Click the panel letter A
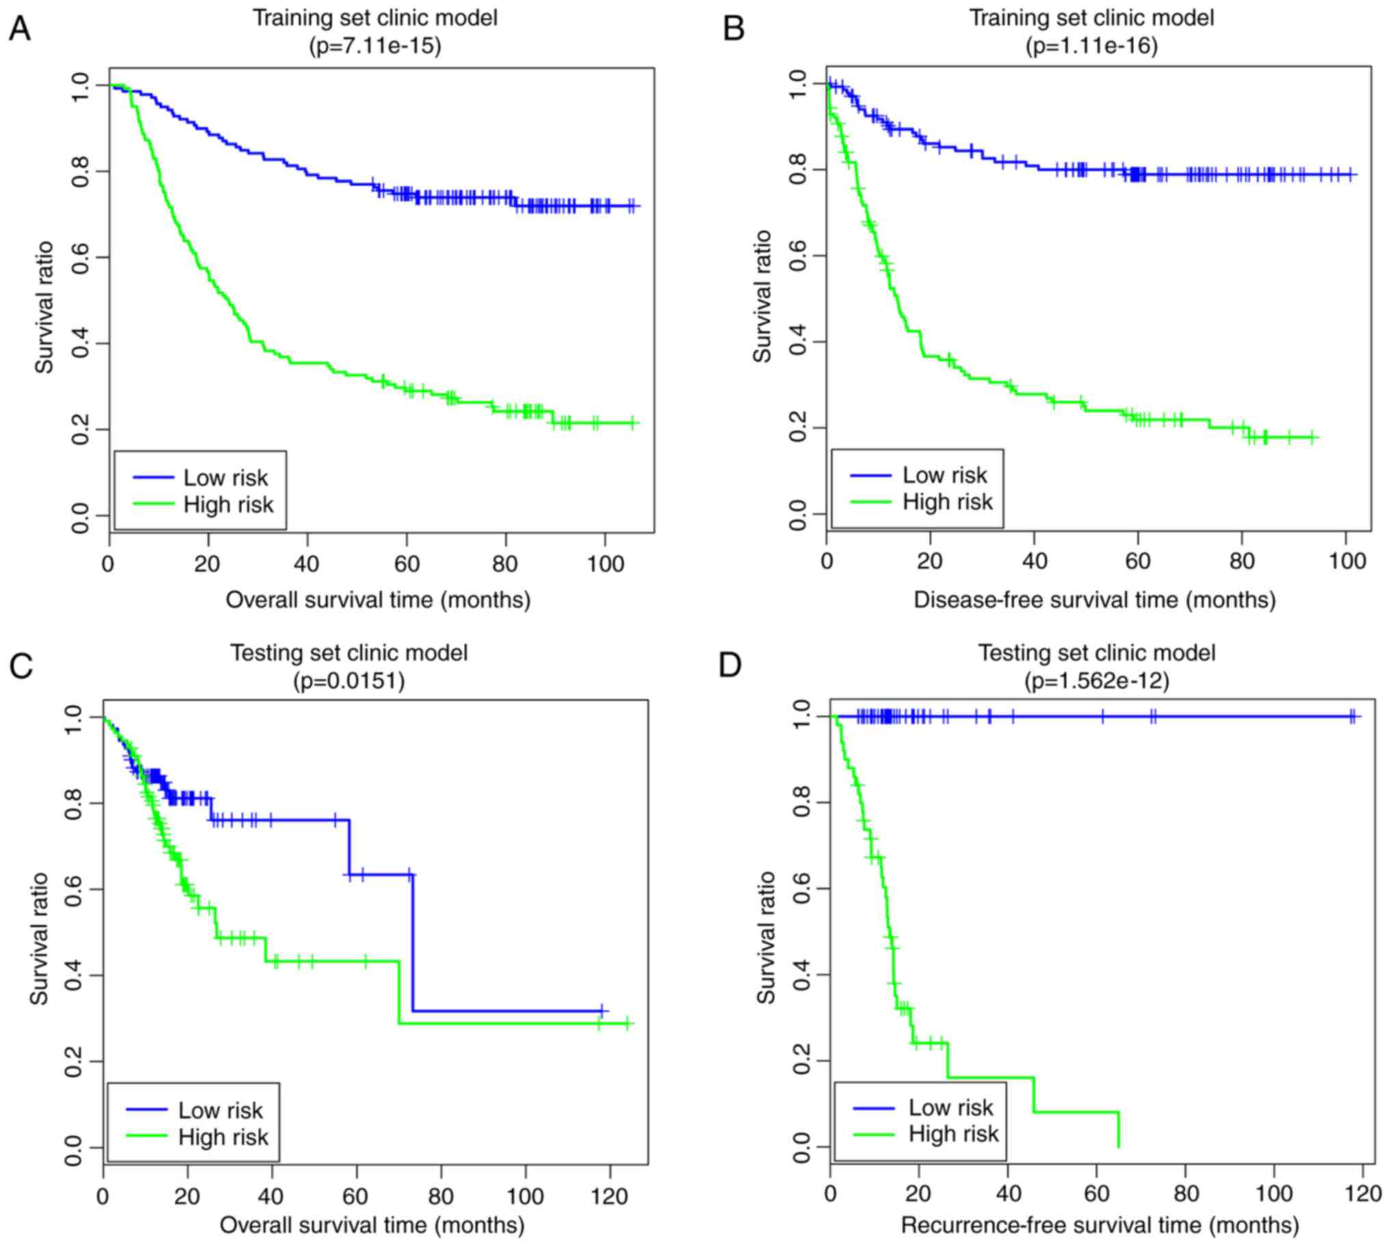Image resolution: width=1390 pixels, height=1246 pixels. point(19,29)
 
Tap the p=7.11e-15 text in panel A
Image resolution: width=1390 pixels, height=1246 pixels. point(375,45)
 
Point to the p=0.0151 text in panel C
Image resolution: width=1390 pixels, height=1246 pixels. point(349,681)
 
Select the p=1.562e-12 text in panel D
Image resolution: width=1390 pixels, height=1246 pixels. point(1097,681)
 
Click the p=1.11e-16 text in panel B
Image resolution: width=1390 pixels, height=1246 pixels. point(1092,45)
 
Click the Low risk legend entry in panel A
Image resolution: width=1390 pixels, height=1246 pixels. point(225,477)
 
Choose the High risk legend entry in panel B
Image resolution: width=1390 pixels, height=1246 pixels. point(947,502)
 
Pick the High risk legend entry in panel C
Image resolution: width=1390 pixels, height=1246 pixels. point(223,1137)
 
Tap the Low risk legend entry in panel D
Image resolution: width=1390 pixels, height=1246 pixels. point(950,1107)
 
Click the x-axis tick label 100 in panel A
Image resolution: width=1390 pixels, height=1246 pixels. point(605,564)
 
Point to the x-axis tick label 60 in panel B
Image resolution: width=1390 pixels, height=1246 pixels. point(1138,561)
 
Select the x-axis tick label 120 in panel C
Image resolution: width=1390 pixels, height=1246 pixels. point(609,1197)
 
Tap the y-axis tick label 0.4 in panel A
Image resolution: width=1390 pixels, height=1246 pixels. point(81,343)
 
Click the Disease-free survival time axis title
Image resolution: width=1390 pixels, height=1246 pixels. point(1094,599)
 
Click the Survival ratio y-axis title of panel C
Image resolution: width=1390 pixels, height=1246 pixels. point(40,939)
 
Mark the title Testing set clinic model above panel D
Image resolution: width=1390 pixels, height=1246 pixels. point(1097,653)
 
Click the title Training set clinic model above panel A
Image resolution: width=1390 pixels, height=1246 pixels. point(375,18)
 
